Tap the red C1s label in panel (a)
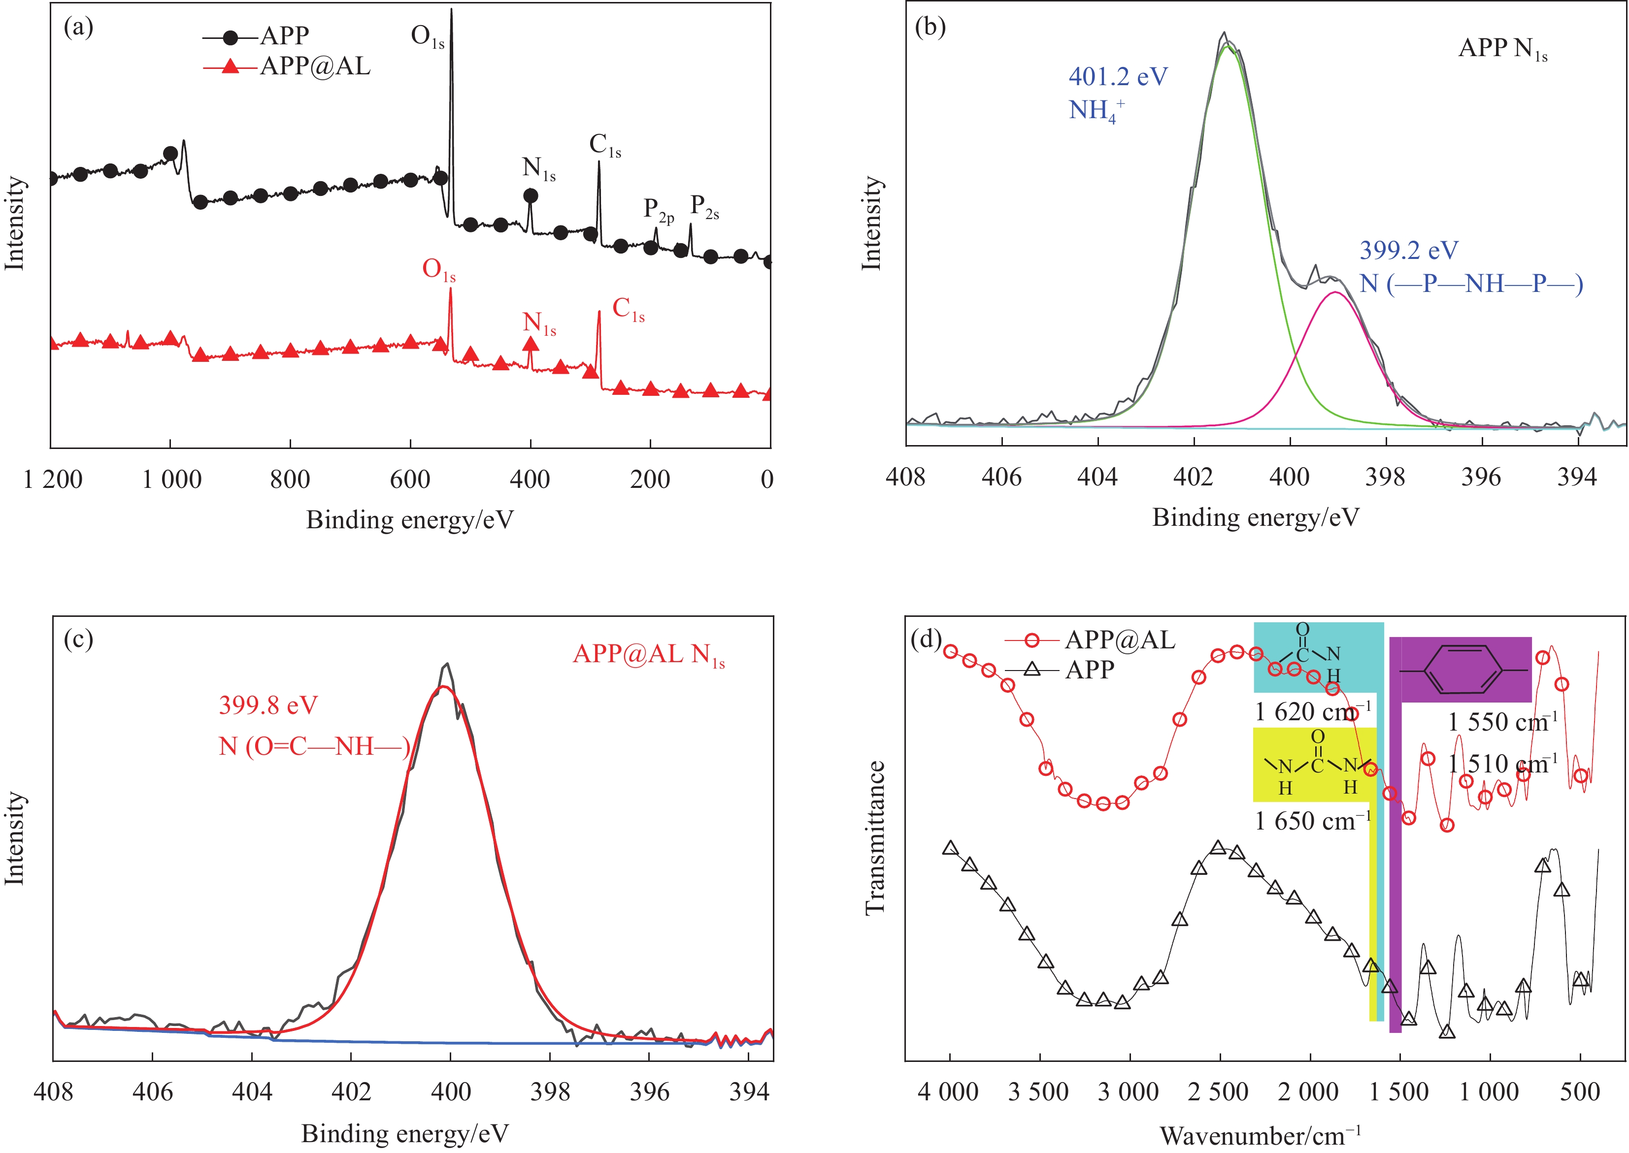pos(628,310)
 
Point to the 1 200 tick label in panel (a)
pos(53,480)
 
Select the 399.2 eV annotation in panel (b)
pos(1409,251)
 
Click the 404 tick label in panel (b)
pos(1097,477)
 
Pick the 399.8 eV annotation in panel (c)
pos(268,705)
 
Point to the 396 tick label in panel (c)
pos(649,1091)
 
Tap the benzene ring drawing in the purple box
pos(1465,670)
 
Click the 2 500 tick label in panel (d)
pos(1218,1091)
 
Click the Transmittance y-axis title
pos(875,838)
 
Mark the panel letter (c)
pos(78,640)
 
